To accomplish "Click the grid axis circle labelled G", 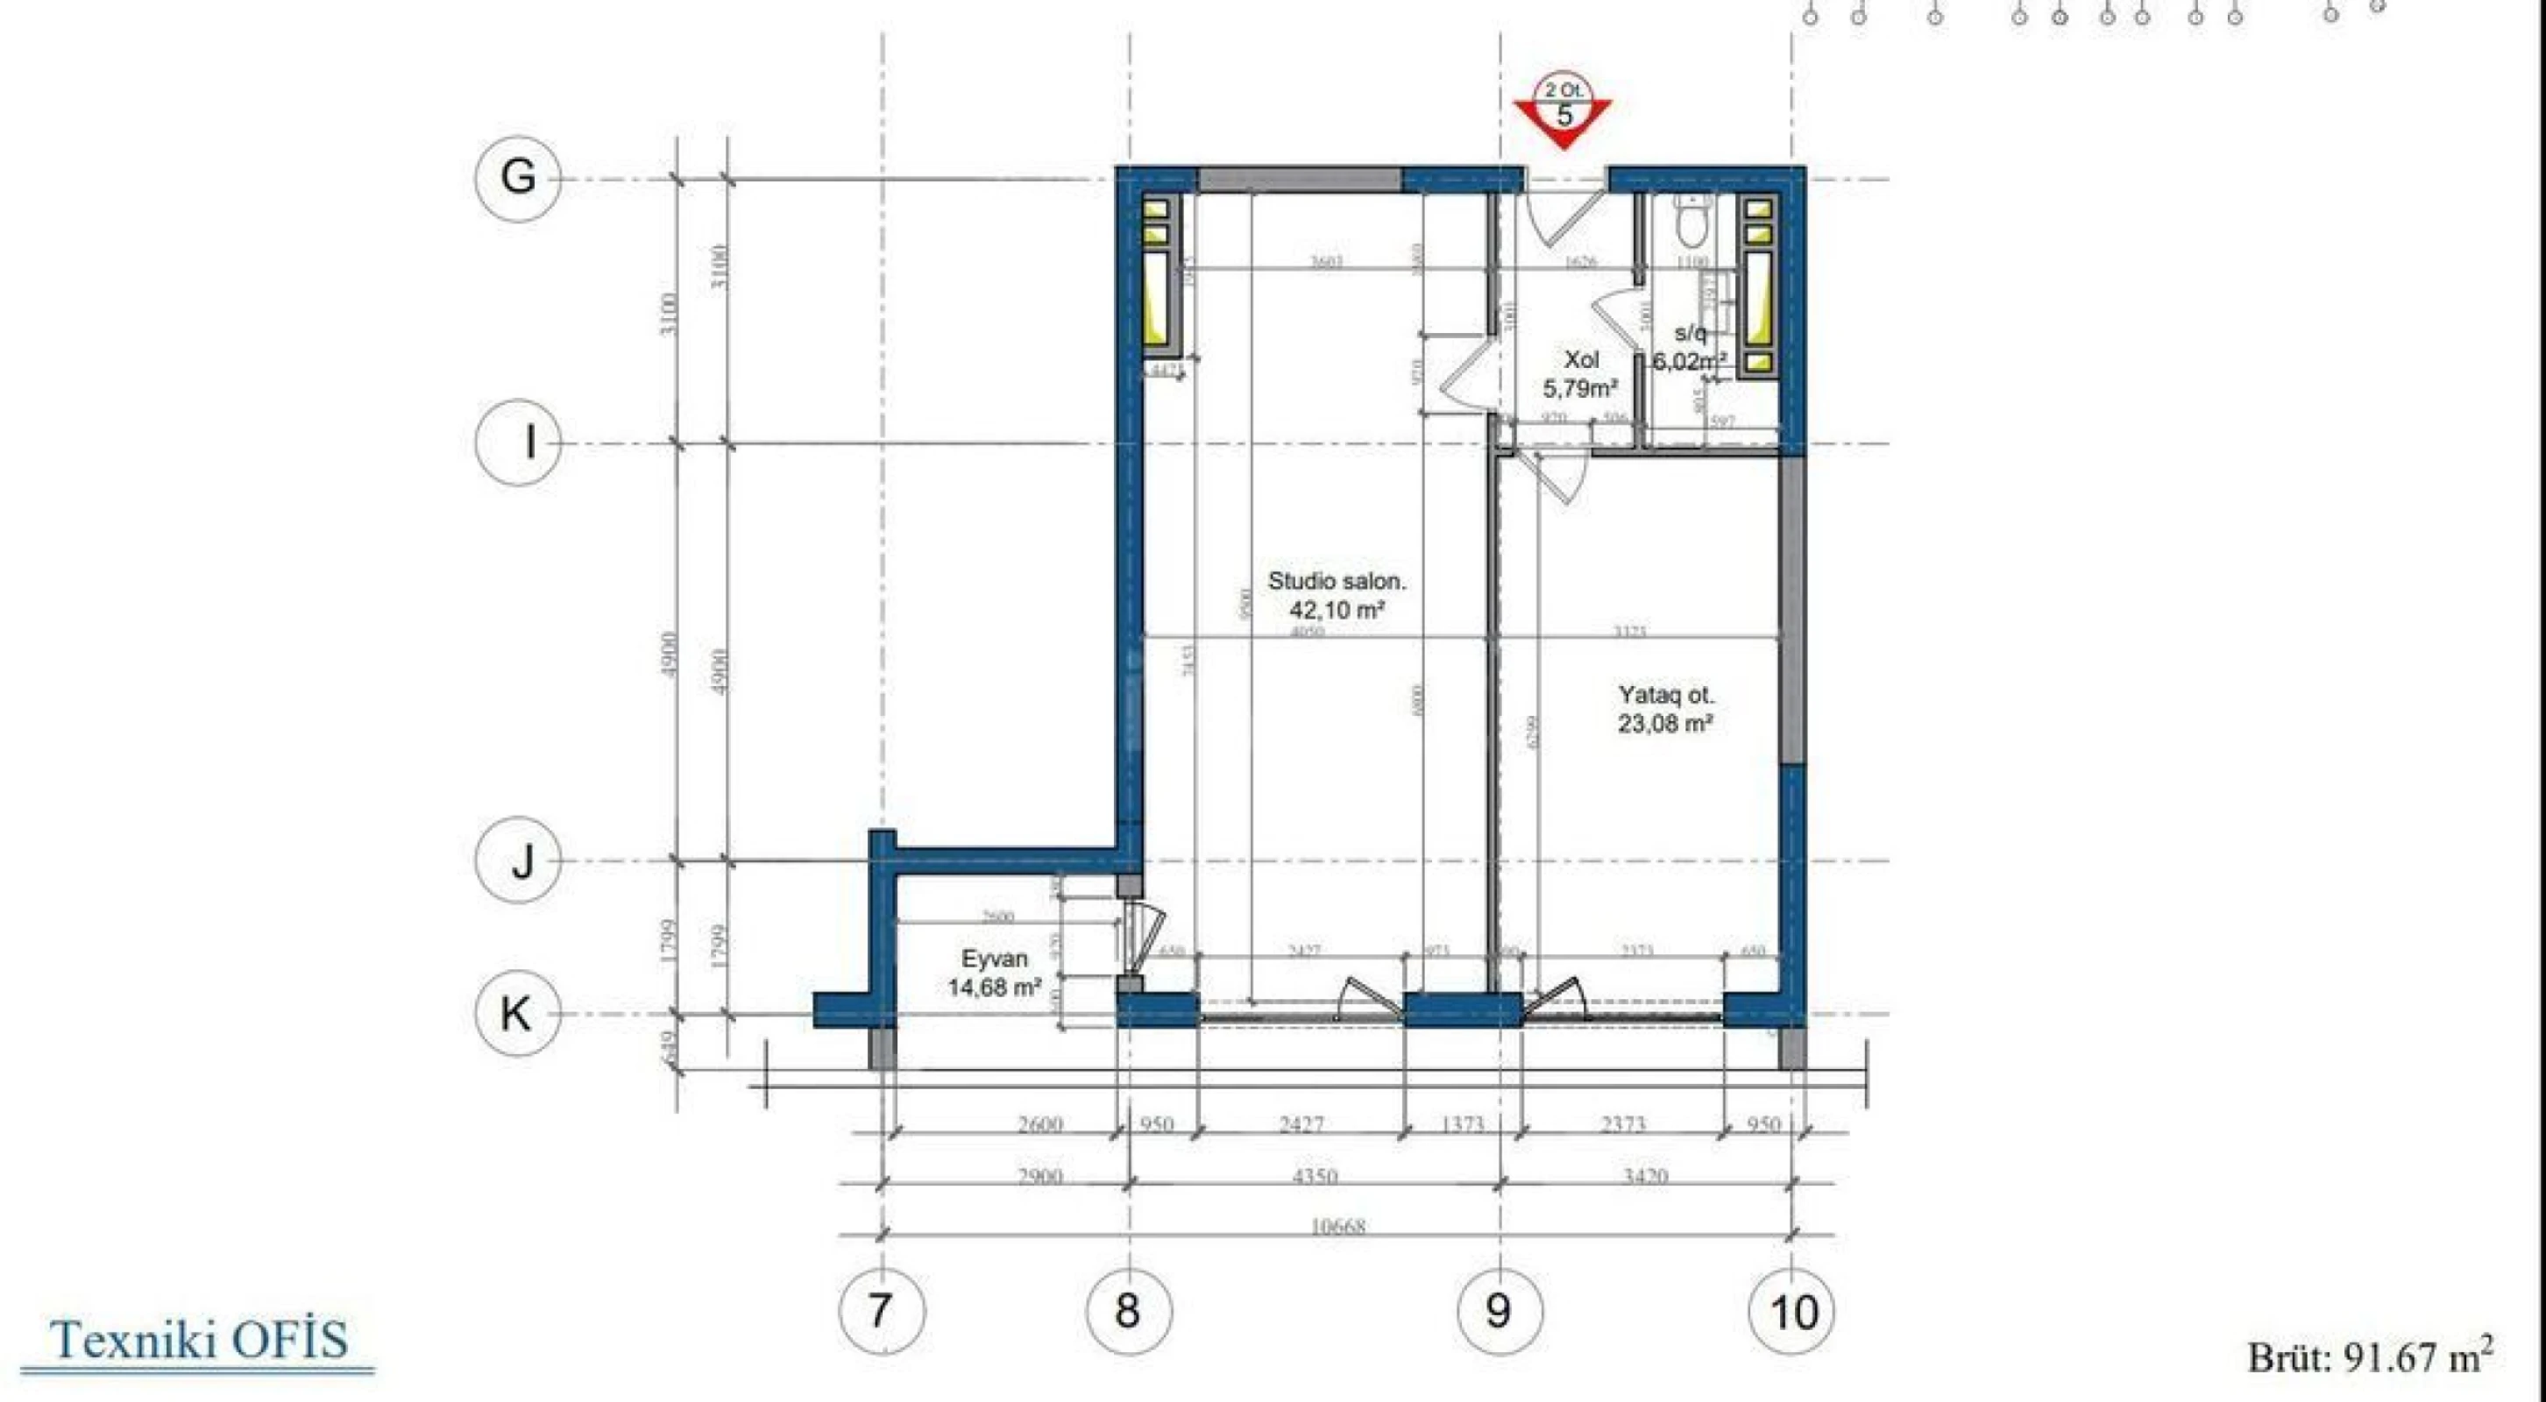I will point(518,179).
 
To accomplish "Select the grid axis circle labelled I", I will point(518,442).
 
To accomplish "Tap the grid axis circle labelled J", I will point(518,860).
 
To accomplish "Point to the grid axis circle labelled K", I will point(518,1014).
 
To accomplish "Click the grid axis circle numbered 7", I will point(882,1311).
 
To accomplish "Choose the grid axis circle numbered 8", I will point(1129,1311).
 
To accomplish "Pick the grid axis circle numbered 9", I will point(1500,1311).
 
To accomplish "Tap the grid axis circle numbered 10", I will point(1792,1311).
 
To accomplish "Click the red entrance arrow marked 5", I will point(1563,114).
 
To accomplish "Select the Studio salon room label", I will point(1337,581).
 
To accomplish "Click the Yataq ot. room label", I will point(1665,696).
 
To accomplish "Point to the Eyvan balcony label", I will point(994,959).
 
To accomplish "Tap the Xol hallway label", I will point(1581,359).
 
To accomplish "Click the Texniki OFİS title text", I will point(199,1340).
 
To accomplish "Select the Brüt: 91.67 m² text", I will point(2369,1356).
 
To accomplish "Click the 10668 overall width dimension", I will point(1337,1227).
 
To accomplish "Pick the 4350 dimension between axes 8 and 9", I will point(1315,1176).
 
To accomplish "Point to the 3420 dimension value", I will point(1645,1176).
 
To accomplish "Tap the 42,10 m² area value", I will point(1337,610).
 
